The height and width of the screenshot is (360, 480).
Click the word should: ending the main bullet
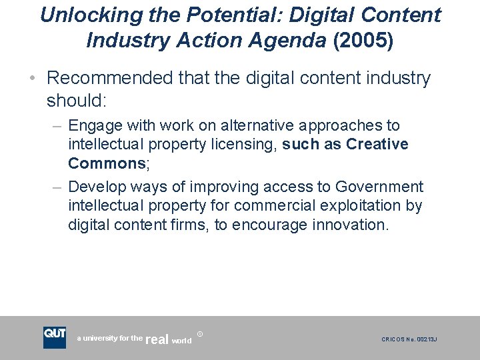tap(77, 101)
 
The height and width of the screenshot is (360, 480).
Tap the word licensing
tap(243, 145)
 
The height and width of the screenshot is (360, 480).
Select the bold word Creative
tap(377, 145)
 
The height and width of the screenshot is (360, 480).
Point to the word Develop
tap(95, 187)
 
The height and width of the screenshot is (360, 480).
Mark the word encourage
tap(269, 225)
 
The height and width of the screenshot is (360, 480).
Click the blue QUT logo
tap(55, 337)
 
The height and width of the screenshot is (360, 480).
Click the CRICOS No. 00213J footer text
tap(409, 339)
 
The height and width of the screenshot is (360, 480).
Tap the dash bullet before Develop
tap(57, 187)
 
